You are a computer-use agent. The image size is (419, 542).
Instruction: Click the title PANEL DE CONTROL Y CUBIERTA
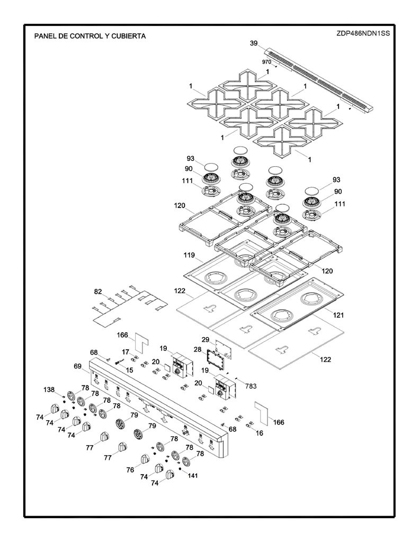tap(90, 36)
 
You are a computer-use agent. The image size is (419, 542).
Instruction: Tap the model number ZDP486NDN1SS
tap(363, 33)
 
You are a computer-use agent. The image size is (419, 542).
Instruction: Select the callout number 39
tap(254, 43)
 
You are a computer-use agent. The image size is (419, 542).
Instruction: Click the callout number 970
tap(266, 62)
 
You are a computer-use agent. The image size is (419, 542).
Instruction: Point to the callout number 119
tap(189, 256)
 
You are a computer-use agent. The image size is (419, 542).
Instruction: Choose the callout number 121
tap(338, 315)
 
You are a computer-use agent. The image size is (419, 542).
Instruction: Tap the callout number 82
tap(99, 292)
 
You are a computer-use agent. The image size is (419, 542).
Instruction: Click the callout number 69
tap(78, 366)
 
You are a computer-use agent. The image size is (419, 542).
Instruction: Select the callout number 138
tap(49, 390)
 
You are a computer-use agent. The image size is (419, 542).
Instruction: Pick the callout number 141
tap(193, 476)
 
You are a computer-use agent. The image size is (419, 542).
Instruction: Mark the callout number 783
tap(251, 386)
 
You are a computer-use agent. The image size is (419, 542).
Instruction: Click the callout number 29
tap(206, 340)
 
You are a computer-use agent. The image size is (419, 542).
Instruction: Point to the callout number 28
tap(198, 349)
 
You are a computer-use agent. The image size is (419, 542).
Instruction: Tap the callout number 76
tap(130, 470)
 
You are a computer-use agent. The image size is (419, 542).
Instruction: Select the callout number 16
tap(259, 433)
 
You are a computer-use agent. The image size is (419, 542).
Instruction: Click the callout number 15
tap(129, 370)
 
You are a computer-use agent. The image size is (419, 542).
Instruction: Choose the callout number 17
tap(125, 352)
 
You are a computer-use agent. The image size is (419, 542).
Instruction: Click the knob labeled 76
tap(145, 460)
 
